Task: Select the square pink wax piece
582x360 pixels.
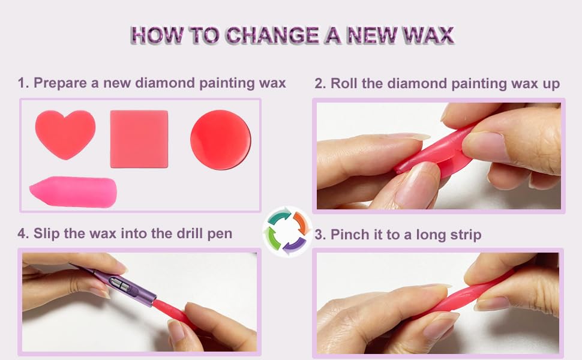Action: (x=139, y=139)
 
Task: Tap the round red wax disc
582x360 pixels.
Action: (x=220, y=139)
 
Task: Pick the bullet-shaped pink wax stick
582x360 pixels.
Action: (x=73, y=191)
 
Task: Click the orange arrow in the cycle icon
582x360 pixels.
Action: (x=301, y=222)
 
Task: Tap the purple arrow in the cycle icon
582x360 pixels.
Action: (x=295, y=244)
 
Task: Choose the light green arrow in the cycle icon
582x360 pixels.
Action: (x=273, y=238)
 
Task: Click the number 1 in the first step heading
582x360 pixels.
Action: (x=22, y=83)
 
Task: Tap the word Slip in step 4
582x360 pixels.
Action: (x=47, y=233)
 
